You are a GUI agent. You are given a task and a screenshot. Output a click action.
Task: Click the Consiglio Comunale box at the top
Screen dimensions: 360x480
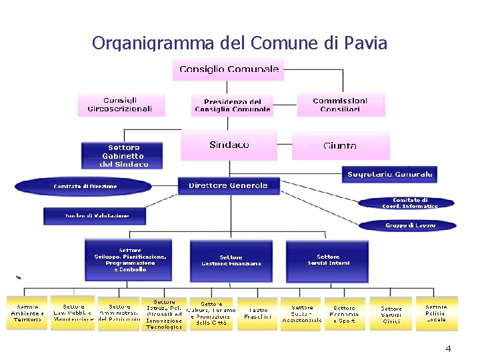coord(229,69)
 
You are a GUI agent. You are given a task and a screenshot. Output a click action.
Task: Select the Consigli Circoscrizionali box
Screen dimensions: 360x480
coord(120,105)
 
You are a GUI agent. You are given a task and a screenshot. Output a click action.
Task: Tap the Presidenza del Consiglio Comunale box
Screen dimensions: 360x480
coord(233,105)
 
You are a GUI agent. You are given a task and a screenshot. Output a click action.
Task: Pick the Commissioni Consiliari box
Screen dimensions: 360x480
coord(340,105)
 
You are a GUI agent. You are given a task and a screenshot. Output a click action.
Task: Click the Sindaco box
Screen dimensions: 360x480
coord(229,145)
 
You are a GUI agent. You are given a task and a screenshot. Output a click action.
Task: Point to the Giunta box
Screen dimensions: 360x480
coord(340,145)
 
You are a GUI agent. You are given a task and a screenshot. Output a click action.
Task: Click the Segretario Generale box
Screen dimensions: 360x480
coord(390,175)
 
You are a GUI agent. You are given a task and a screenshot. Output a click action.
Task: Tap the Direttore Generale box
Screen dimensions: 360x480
coord(228,185)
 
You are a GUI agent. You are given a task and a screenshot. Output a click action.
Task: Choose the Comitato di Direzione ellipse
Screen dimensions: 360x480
coord(85,186)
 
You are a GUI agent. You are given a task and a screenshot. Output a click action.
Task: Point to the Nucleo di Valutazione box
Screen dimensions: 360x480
coord(96,215)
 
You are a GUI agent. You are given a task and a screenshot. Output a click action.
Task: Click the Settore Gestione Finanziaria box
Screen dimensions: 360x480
coord(231,260)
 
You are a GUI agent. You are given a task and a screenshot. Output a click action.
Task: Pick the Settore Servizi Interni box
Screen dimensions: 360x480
coord(328,260)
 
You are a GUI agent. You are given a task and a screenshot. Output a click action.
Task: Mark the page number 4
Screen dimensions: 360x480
coord(448,349)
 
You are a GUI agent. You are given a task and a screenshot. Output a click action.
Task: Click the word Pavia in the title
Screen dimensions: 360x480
coord(365,44)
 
